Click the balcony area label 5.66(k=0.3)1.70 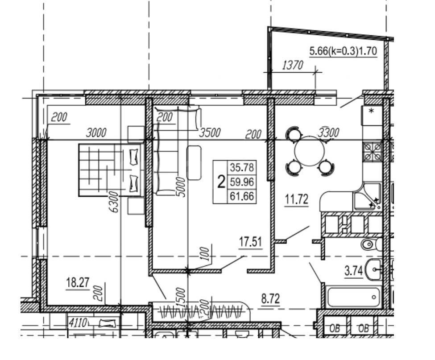click(343, 51)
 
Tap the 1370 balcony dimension click(292, 66)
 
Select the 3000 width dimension click(96, 132)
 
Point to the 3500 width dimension click(210, 132)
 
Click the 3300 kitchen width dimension click(329, 132)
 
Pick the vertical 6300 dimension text click(114, 202)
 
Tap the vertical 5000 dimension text click(181, 186)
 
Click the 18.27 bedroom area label click(78, 283)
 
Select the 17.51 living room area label click(250, 242)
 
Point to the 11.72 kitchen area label click(297, 199)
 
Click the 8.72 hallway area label click(270, 299)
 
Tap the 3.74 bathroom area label click(353, 271)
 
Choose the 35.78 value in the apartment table click(242, 168)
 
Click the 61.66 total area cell click(242, 196)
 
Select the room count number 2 click(221, 182)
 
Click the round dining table click(309, 151)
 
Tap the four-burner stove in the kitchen click(373, 151)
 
